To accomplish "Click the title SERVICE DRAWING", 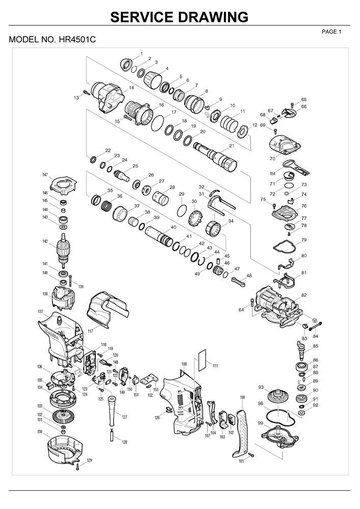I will [x=179, y=17].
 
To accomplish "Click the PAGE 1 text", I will [x=331, y=32].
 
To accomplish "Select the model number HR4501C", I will [x=52, y=39].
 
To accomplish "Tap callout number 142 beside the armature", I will [x=45, y=241].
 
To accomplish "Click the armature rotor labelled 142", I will [x=63, y=249].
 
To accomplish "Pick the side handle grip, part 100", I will [x=241, y=425].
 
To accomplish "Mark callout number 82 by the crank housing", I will [x=304, y=295].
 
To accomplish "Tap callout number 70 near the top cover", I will [x=272, y=158].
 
